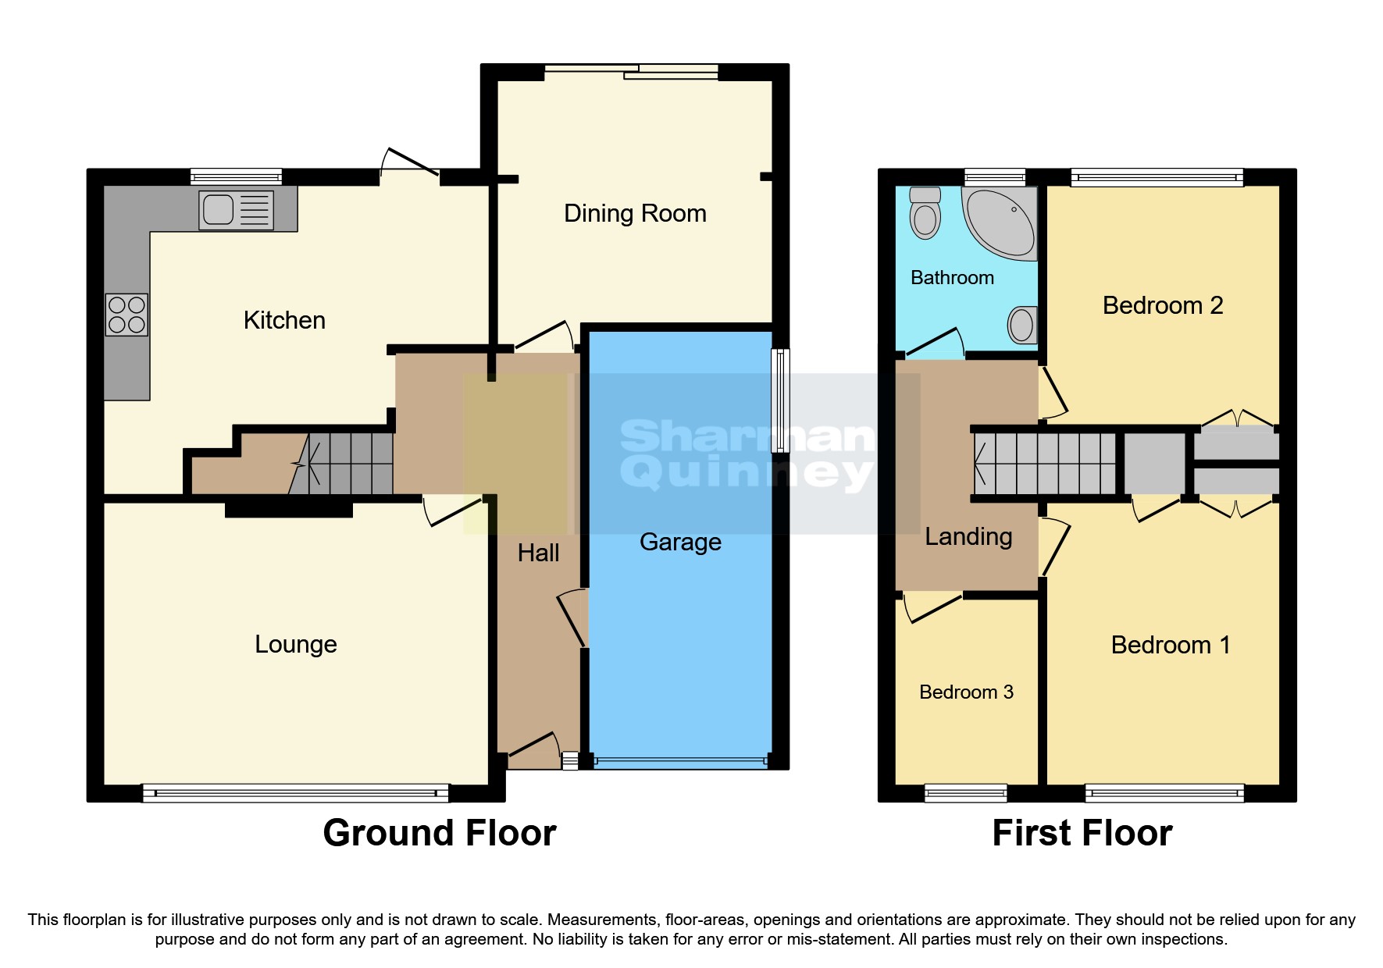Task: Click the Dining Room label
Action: coord(635,213)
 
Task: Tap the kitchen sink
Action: coord(236,210)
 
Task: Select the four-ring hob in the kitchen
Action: coord(127,315)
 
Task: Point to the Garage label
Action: coord(680,542)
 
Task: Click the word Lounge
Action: coord(296,644)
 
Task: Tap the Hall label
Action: coord(538,553)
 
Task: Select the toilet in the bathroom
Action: coord(925,212)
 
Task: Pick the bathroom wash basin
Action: coord(1022,324)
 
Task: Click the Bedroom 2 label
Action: coord(1163,305)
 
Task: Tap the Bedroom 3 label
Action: coord(966,692)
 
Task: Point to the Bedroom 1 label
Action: coord(1171,645)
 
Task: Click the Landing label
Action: coord(968,536)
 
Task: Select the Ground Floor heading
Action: coord(440,833)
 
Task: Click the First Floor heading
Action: coord(1082,833)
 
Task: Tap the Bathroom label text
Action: coord(952,277)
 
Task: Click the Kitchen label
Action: coord(284,320)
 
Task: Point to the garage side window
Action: coord(780,400)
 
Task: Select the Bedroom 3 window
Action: coord(966,793)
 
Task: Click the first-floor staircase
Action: coord(1045,464)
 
